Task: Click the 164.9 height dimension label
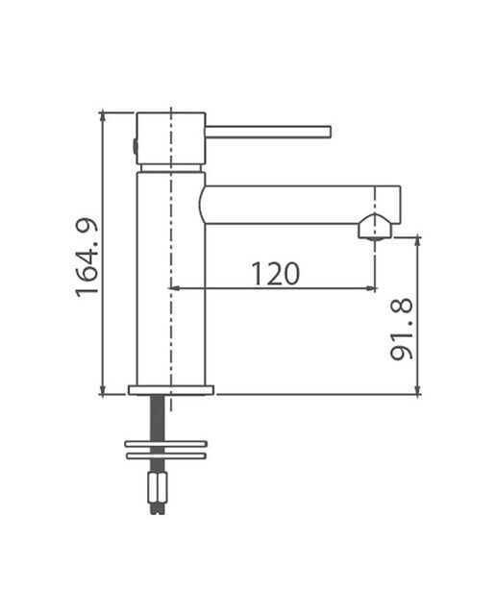click(87, 257)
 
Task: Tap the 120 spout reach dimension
click(275, 273)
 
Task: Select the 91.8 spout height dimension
click(402, 329)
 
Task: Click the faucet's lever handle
click(269, 132)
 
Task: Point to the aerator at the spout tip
click(375, 227)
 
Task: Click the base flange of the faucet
click(171, 390)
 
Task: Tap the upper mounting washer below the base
click(165, 444)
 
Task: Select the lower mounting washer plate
click(165, 455)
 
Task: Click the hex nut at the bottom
click(158, 487)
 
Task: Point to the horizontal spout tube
click(300, 205)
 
